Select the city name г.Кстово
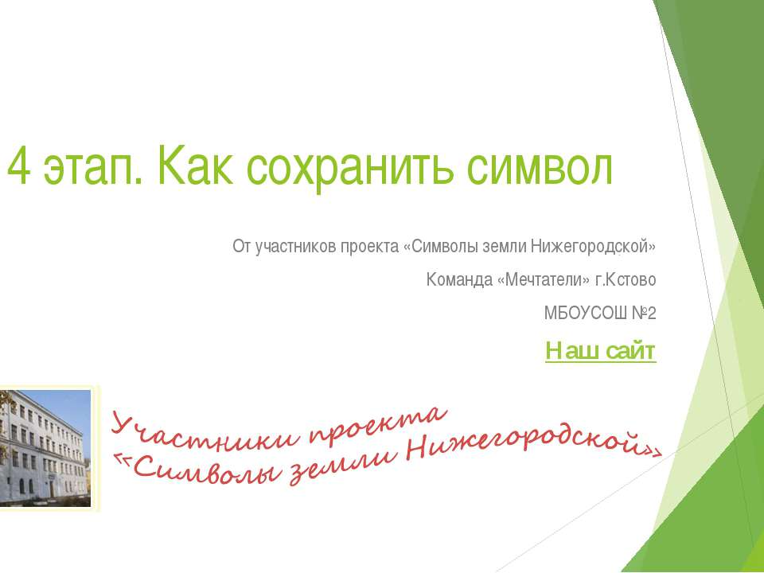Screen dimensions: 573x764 click(x=630, y=280)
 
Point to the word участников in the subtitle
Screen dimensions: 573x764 click(x=294, y=247)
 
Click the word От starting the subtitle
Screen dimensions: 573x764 click(x=241, y=247)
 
